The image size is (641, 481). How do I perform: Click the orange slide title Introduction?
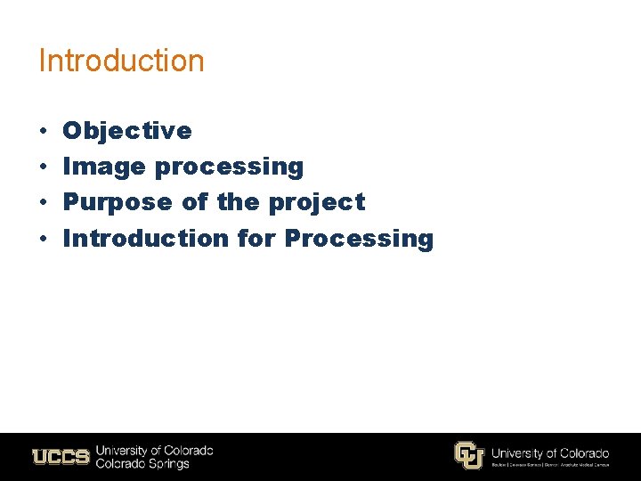click(121, 61)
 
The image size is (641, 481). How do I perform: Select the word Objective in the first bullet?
click(127, 131)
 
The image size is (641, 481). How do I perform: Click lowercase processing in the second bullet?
click(230, 167)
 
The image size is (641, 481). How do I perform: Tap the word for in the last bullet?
click(257, 238)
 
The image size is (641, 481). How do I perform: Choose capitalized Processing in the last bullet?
click(359, 239)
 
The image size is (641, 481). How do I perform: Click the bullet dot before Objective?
click(44, 132)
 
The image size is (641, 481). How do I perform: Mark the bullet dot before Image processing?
click(44, 167)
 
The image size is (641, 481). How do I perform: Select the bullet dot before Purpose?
click(44, 203)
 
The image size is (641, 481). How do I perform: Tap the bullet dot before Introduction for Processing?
click(44, 239)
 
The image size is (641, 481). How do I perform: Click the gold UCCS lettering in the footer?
click(61, 457)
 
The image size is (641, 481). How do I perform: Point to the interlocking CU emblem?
click(468, 455)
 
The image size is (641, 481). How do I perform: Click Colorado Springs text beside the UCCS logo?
click(142, 464)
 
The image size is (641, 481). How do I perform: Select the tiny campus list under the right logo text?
click(550, 465)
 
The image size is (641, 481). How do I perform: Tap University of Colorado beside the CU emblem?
click(550, 452)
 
